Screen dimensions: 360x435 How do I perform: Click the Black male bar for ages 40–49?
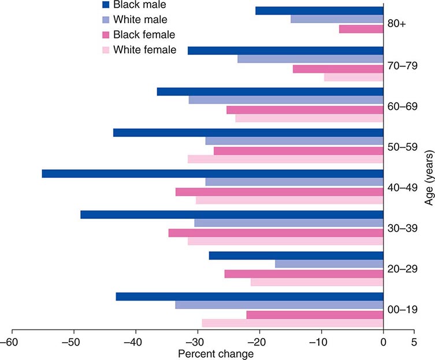tap(213, 173)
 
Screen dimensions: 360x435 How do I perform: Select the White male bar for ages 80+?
tap(337, 19)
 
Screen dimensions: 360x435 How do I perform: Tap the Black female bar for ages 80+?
tap(361, 28)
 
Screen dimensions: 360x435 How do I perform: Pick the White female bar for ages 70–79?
tap(354, 77)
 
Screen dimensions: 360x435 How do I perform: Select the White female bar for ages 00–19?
tap(292, 322)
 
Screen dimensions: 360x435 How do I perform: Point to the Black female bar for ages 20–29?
tap(304, 274)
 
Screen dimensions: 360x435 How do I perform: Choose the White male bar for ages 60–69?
tap(286, 100)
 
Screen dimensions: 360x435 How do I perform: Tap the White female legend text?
tap(145, 50)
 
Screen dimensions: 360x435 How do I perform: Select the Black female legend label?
tap(144, 35)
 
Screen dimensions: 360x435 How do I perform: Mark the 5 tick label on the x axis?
tap(414, 342)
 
